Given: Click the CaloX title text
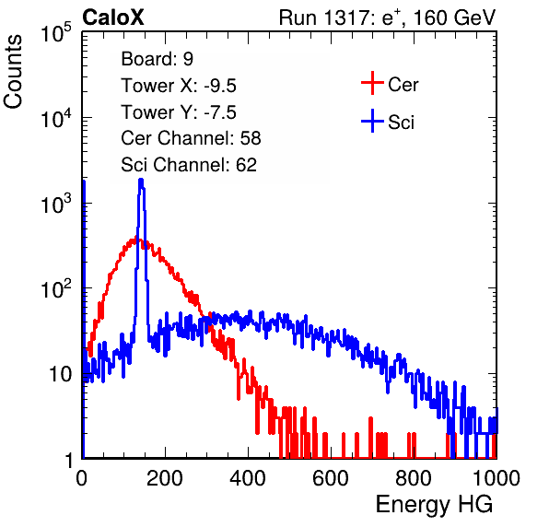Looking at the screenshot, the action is (x=113, y=18).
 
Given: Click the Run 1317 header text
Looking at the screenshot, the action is (x=387, y=18).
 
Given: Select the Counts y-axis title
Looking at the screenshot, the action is (x=13, y=72).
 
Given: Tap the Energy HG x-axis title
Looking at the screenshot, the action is (x=434, y=504).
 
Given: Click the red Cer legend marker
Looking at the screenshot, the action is (x=372, y=83).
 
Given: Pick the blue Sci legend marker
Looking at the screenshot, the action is (x=372, y=122).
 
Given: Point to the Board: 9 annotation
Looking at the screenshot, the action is (x=158, y=59).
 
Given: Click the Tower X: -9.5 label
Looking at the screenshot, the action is (x=179, y=86).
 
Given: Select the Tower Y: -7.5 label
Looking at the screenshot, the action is (x=179, y=112).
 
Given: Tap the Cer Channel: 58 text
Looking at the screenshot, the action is (x=191, y=138).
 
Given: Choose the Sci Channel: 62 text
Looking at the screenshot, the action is (x=189, y=165).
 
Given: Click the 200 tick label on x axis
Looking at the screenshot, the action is (x=165, y=478).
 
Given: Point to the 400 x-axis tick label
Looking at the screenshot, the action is (x=248, y=478).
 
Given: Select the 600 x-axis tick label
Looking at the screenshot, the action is (x=331, y=478).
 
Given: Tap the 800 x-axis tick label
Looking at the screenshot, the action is (x=414, y=478).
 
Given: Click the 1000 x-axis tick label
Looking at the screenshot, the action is (x=496, y=478).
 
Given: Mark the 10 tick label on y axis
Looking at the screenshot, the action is (x=62, y=374).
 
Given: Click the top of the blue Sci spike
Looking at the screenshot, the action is (x=141, y=180).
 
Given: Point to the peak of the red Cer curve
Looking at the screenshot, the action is (x=137, y=240).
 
